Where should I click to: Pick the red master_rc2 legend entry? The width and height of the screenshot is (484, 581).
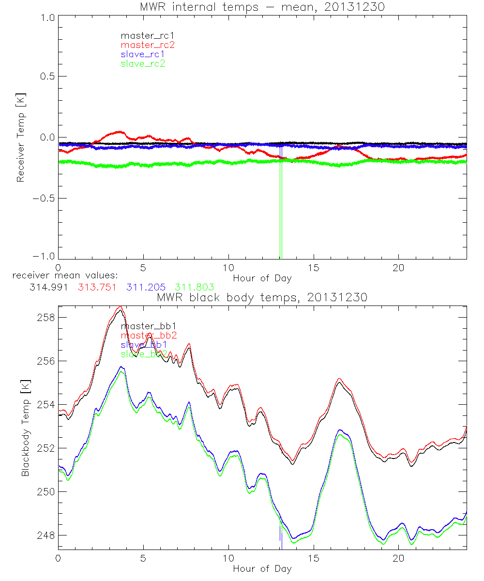pos(147,45)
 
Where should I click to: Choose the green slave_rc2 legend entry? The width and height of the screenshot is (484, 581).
pos(143,63)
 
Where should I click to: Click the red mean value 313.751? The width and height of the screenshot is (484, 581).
pos(97,287)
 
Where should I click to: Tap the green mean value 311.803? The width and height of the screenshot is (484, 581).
pos(195,287)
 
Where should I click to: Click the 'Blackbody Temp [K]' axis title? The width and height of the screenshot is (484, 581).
pos(25,428)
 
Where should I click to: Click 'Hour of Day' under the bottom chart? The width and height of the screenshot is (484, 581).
pos(262,568)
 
